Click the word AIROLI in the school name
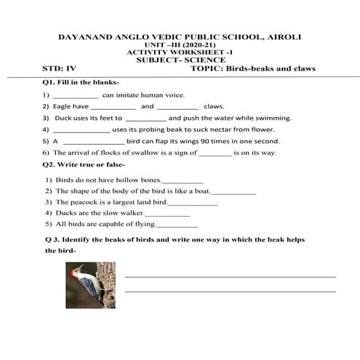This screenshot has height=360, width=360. pyautogui.click(x=284, y=36)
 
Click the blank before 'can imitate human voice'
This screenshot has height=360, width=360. pyautogui.click(x=76, y=95)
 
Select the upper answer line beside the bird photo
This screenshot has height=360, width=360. pyautogui.click(x=230, y=276)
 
